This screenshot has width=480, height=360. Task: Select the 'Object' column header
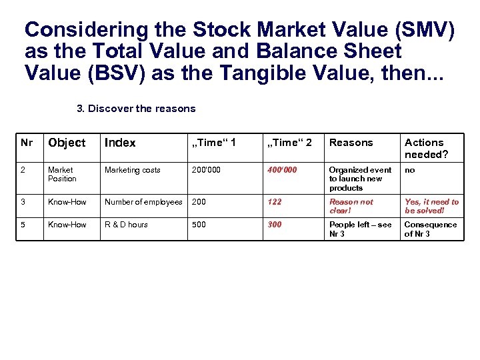(67, 143)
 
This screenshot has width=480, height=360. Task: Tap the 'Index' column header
(120, 143)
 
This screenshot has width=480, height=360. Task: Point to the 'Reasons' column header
(351, 143)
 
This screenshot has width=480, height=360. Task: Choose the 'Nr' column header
(27, 143)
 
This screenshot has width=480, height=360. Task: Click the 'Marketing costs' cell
(133, 170)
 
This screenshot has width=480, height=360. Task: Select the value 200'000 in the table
(207, 170)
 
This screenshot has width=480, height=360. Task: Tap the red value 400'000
(282, 170)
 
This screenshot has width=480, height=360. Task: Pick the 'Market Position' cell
(62, 174)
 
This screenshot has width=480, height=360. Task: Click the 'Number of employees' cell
(143, 202)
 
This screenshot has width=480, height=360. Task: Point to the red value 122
(275, 202)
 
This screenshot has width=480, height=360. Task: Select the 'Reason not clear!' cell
(351, 206)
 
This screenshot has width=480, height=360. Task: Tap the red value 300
(275, 225)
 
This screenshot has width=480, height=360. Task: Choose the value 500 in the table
(199, 225)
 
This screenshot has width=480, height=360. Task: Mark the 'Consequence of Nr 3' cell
(431, 229)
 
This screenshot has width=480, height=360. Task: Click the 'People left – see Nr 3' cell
(361, 229)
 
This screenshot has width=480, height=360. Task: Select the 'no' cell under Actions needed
(410, 170)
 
